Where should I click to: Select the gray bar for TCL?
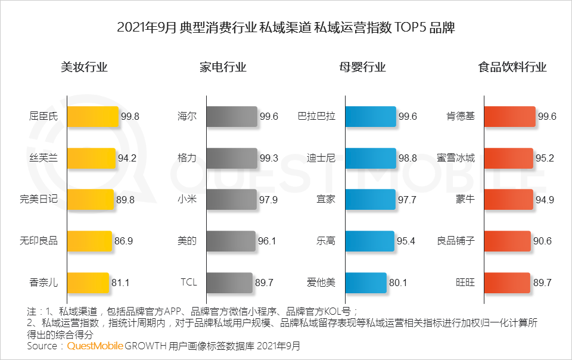229,283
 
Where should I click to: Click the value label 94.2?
128,159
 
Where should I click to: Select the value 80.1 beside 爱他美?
398,283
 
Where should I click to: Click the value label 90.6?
545,241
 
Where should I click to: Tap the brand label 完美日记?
39,200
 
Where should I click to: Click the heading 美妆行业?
84,67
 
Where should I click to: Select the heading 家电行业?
223,67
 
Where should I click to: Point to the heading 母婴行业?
362,67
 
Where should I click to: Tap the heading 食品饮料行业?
512,67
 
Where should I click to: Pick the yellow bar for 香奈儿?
88,283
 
